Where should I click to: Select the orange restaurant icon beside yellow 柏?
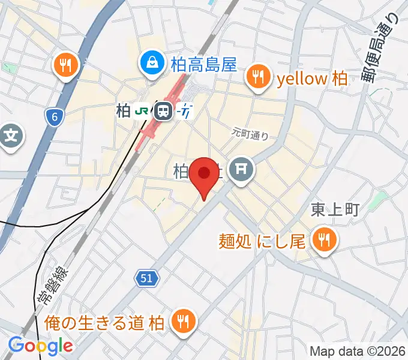[x=259, y=77]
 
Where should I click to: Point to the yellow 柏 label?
[x=311, y=77]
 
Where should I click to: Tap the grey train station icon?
[x=163, y=110]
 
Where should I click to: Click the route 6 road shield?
[x=55, y=117]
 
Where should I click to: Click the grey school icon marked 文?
[x=10, y=137]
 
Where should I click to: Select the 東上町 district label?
[x=334, y=209]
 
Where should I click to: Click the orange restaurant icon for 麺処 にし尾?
[x=325, y=241]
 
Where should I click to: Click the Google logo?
[x=41, y=346]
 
